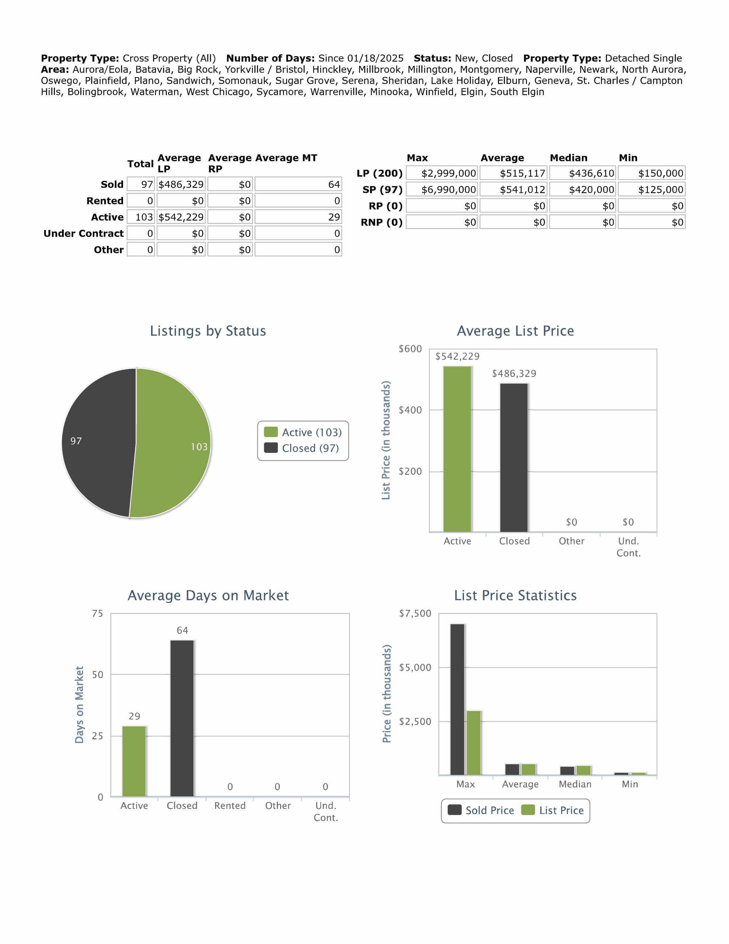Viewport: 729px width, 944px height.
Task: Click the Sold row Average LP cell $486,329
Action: pyautogui.click(x=181, y=185)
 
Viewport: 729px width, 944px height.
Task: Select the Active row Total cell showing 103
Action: pyautogui.click(x=141, y=217)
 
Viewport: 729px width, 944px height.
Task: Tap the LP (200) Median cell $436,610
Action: pyautogui.click(x=583, y=173)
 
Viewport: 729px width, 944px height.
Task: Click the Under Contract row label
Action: pyautogui.click(x=83, y=233)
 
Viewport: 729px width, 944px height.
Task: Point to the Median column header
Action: pyautogui.click(x=568, y=158)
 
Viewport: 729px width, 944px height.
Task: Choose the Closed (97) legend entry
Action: pyautogui.click(x=303, y=448)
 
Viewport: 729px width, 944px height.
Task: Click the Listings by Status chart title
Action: pyautogui.click(x=208, y=331)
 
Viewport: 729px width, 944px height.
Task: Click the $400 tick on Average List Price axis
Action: pyautogui.click(x=410, y=410)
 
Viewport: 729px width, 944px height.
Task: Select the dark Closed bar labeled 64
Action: pyautogui.click(x=182, y=718)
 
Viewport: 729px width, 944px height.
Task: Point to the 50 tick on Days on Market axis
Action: pyautogui.click(x=98, y=674)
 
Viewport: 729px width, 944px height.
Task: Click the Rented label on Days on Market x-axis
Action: pyautogui.click(x=230, y=806)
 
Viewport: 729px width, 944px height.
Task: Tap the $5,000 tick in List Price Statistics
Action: pyautogui.click(x=415, y=667)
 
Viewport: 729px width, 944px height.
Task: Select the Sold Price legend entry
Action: pyautogui.click(x=481, y=811)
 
